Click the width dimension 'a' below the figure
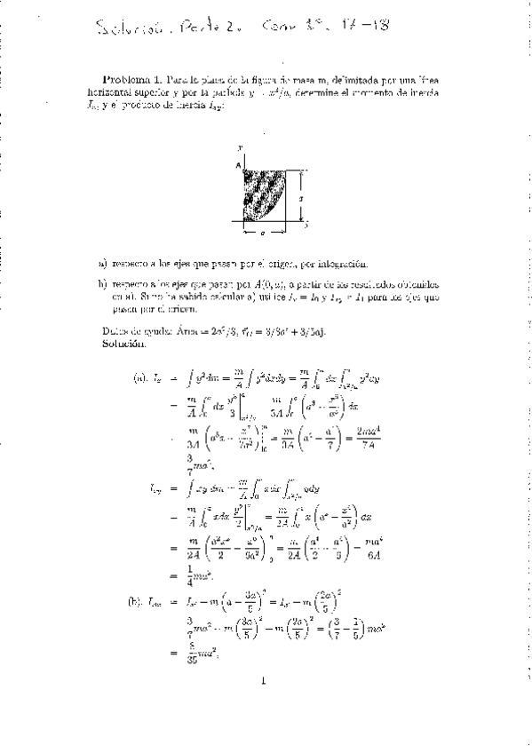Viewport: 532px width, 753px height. (x=262, y=234)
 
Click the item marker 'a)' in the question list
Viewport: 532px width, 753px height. (x=103, y=264)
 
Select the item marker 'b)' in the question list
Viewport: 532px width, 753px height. (x=103, y=283)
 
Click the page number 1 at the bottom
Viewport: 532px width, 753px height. (x=264, y=707)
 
